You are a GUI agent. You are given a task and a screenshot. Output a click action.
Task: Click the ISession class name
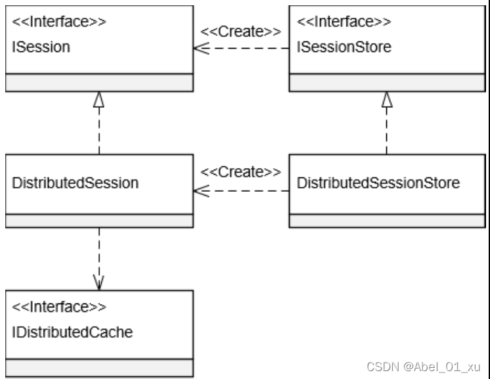point(41,47)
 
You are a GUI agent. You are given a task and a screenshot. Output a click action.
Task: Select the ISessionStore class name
point(344,47)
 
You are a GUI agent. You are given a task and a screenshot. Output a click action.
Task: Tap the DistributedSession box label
point(76,183)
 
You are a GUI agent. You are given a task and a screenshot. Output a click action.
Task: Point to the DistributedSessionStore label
point(378,183)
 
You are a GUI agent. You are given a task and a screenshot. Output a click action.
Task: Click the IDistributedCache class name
point(72,332)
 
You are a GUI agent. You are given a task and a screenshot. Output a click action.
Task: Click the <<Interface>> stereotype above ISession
point(59,22)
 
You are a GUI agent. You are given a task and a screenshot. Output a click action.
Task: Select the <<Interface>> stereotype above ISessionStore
point(344,22)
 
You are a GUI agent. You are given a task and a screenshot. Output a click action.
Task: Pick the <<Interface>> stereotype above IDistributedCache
point(59,307)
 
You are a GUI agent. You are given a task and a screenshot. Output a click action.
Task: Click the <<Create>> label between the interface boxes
point(241,31)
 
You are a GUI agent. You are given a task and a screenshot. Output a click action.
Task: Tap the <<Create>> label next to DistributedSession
point(241,172)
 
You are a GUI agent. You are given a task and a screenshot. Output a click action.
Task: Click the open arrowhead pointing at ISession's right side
point(200,48)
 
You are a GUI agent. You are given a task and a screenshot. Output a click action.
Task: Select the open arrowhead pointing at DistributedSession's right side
point(200,191)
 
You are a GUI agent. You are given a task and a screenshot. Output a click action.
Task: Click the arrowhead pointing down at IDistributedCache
point(99,283)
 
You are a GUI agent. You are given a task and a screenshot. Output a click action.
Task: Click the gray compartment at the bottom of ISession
point(99,82)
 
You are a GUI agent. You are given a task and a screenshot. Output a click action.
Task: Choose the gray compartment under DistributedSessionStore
point(387,220)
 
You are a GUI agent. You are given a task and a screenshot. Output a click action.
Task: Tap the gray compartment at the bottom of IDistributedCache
point(99,367)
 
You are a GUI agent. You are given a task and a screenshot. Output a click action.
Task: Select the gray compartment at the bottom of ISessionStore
point(387,82)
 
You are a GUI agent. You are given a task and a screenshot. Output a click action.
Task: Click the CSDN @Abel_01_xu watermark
point(424,366)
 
